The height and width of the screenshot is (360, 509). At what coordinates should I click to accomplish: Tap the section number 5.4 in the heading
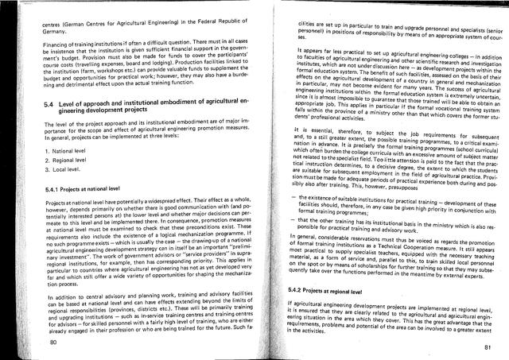[49, 104]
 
